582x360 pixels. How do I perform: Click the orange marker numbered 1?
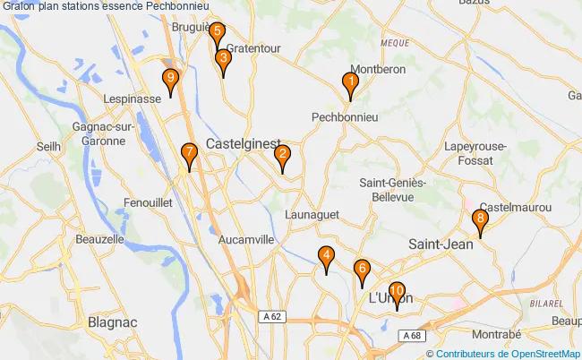click(351, 84)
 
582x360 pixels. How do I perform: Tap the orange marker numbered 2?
click(282, 159)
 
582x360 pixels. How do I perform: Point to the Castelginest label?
click(243, 143)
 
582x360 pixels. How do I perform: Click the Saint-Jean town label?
click(442, 244)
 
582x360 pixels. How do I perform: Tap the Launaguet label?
click(312, 215)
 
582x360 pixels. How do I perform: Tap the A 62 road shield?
click(272, 316)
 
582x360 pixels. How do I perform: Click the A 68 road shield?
click(411, 335)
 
